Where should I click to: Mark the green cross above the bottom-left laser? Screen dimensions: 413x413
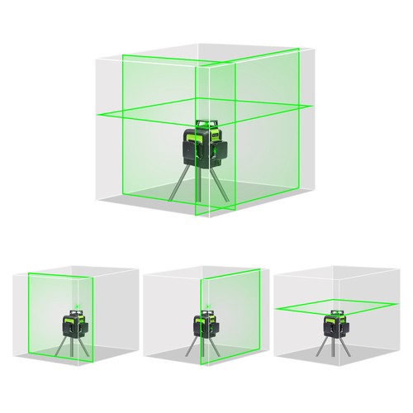click(x=73, y=303)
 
